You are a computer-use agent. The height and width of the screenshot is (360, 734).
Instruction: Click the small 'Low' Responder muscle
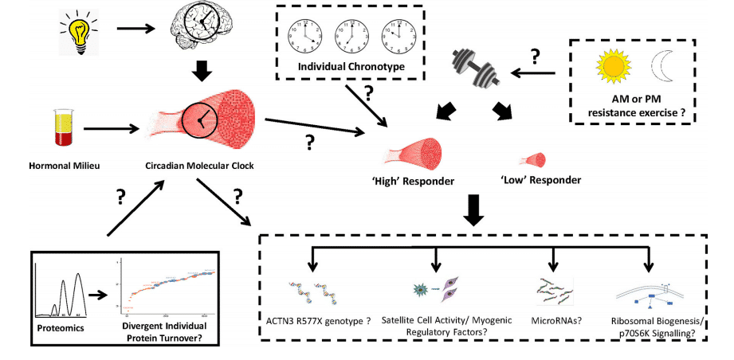pos(529,158)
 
